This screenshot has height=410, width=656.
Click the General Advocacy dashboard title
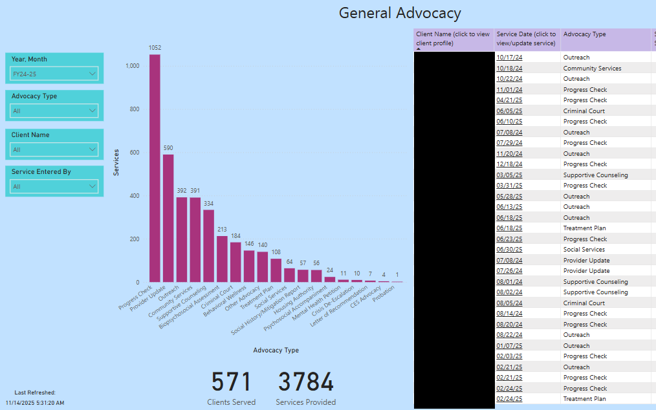(400, 13)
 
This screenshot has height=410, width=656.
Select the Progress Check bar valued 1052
(155, 168)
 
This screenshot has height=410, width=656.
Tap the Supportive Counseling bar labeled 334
(208, 246)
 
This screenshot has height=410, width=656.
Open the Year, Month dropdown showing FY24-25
(54, 74)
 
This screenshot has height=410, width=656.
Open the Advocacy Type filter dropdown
(54, 111)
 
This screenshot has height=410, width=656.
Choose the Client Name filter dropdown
(54, 149)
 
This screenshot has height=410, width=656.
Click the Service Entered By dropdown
(54, 186)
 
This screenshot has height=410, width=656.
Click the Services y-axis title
(116, 162)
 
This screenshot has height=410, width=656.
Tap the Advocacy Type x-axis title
(276, 350)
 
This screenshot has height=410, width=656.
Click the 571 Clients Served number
(231, 382)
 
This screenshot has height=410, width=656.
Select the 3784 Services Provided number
(305, 382)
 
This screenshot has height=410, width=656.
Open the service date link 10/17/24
(509, 58)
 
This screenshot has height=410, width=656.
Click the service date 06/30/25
(509, 250)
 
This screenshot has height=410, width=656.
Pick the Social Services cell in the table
(584, 250)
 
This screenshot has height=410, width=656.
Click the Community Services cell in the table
(592, 68)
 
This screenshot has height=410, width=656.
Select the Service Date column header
(526, 39)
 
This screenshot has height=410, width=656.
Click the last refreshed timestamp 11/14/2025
(35, 403)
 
